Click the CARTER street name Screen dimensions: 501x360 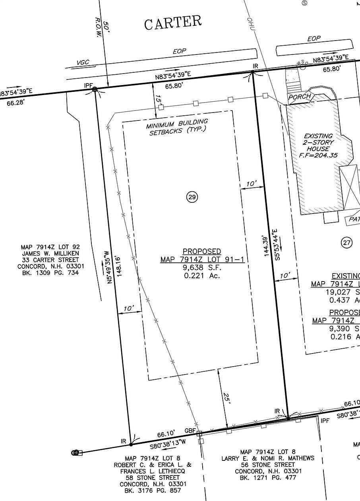click(173, 23)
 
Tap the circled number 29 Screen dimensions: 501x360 click(192, 197)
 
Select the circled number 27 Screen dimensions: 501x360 click(347, 242)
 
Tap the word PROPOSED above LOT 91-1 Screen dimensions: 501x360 click(201, 252)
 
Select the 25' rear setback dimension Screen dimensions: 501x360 click(227, 399)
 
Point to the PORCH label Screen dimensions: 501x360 click(299, 97)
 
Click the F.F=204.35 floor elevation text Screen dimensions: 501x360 click(318, 155)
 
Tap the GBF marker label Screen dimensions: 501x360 click(190, 431)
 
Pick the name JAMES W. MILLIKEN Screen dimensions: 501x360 click(50, 253)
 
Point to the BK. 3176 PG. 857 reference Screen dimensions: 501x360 click(153, 491)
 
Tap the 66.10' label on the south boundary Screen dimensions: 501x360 click(167, 435)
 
